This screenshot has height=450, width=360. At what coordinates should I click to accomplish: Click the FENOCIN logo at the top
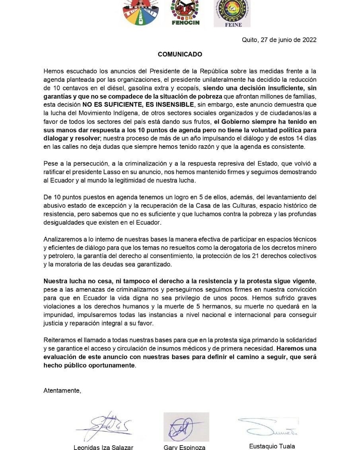coord(185,13)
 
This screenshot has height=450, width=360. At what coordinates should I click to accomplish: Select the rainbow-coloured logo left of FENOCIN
coord(141,13)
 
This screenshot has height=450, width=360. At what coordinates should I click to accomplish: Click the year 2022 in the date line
coord(309,40)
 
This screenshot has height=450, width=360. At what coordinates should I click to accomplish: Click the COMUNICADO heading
coord(180,55)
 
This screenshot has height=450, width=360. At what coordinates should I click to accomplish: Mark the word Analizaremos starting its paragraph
coord(63,239)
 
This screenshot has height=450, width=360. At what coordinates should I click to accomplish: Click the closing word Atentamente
coord(62,391)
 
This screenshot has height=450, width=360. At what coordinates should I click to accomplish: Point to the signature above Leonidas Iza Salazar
coord(104,427)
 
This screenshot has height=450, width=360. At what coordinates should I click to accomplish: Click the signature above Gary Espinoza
coord(186,427)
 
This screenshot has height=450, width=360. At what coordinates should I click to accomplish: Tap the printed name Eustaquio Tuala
coord(272,446)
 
